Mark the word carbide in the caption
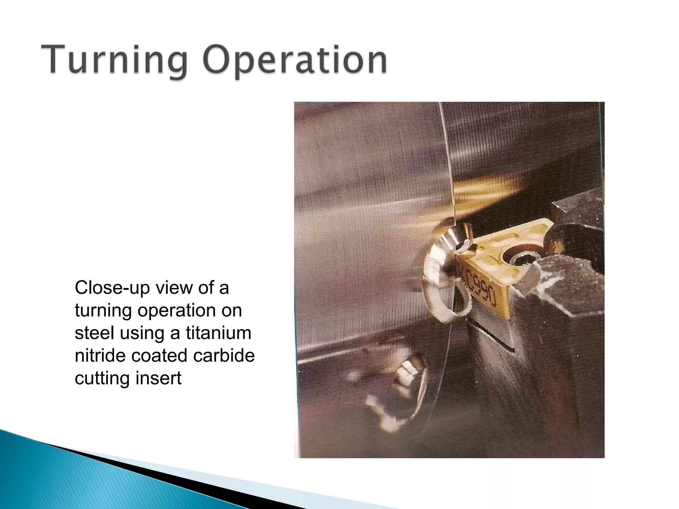(x=224, y=355)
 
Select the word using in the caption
(x=142, y=333)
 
